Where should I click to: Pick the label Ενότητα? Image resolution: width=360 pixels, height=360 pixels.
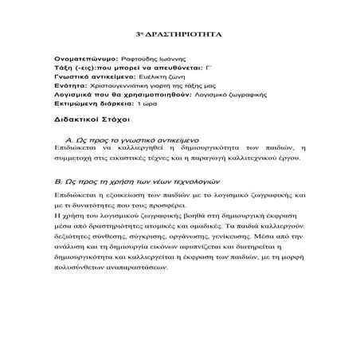point(69,86)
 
